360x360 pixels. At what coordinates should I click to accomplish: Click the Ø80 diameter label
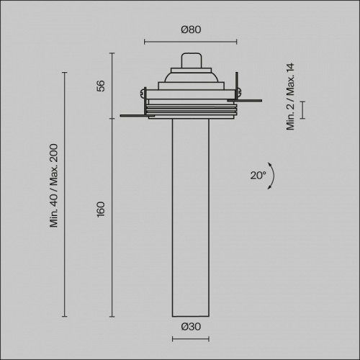[x=191, y=30]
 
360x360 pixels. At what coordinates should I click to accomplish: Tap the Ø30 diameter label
[x=191, y=327]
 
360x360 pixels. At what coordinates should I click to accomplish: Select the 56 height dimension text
[x=101, y=86]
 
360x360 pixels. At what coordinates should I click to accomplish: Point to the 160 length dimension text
[x=101, y=210]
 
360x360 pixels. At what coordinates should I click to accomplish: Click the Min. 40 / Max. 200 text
[x=54, y=186]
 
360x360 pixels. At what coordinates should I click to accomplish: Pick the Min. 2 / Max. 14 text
[x=290, y=96]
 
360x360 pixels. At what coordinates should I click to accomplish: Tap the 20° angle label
[x=258, y=176]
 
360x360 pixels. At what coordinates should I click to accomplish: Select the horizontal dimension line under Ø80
[x=191, y=42]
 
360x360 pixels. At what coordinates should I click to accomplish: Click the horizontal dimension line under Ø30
[x=191, y=339]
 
